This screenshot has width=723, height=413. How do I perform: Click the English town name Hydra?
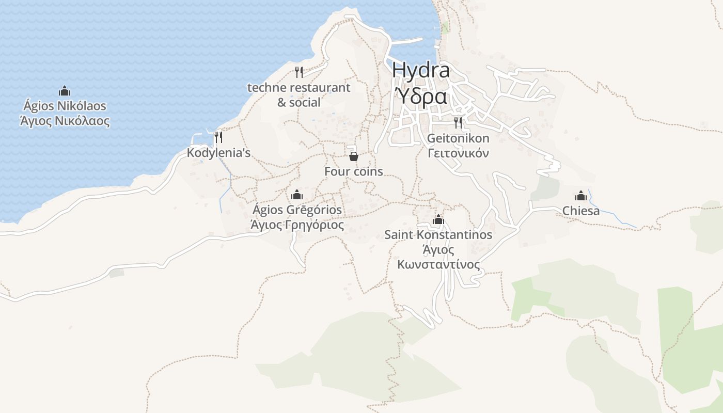[421, 71]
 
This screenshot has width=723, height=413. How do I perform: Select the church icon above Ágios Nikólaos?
[65, 91]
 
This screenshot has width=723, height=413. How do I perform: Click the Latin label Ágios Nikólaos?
[65, 106]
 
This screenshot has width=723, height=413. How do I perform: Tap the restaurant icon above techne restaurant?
[299, 72]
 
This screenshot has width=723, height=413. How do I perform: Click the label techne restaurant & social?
[299, 95]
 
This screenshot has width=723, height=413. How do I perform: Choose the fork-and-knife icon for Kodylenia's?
[218, 137]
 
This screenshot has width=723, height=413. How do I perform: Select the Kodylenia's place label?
[218, 153]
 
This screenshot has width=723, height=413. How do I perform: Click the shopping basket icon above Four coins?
[354, 156]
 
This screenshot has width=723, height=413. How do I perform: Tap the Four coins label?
[354, 171]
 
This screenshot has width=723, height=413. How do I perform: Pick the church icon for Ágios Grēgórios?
[297, 195]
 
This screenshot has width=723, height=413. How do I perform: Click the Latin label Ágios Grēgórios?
[297, 210]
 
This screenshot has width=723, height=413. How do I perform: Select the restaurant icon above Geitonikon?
[458, 122]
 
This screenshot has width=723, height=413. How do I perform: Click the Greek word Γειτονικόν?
[458, 153]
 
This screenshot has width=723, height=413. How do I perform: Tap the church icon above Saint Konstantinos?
[438, 219]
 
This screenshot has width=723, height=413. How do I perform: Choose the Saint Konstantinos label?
[438, 235]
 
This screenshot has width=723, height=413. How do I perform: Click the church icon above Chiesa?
[581, 196]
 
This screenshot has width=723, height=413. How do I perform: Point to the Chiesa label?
[581, 211]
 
